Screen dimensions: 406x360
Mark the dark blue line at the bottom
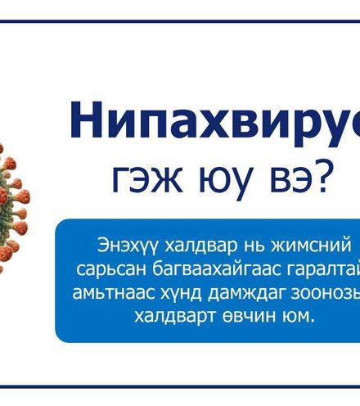pos(180,386)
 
